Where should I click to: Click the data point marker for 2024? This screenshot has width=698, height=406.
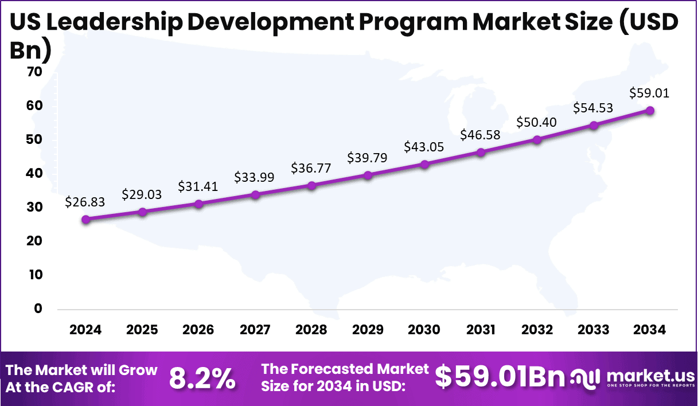pyautogui.click(x=86, y=219)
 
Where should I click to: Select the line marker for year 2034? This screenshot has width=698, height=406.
pyautogui.click(x=650, y=110)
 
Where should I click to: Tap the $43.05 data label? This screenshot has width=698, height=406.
pyautogui.click(x=424, y=146)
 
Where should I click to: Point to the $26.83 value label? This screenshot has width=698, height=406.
pyautogui.click(x=85, y=202)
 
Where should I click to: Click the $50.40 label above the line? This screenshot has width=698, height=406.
pyautogui.click(x=537, y=122)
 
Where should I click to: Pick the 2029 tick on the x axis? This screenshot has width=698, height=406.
pyautogui.click(x=368, y=330)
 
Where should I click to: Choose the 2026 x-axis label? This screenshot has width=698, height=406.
pyautogui.click(x=198, y=330)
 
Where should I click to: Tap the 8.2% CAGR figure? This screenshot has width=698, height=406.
pyautogui.click(x=202, y=378)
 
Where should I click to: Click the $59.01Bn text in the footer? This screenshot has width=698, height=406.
pyautogui.click(x=500, y=377)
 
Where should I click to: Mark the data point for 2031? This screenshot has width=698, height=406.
pyautogui.click(x=481, y=152)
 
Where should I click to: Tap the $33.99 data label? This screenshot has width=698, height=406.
pyautogui.click(x=255, y=177)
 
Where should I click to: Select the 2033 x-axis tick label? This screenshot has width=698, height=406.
pyautogui.click(x=594, y=330)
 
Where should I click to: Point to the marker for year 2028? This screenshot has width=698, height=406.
pyautogui.click(x=311, y=185)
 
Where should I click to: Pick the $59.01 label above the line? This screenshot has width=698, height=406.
pyautogui.click(x=649, y=93)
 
